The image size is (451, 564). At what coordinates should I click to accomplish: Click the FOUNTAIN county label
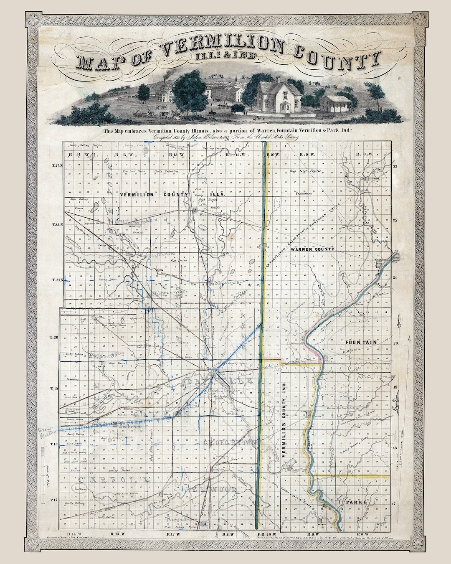tap(361, 342)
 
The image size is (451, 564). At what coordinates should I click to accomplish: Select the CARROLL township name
tap(111, 479)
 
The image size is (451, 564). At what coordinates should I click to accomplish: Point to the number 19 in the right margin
tap(395, 387)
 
